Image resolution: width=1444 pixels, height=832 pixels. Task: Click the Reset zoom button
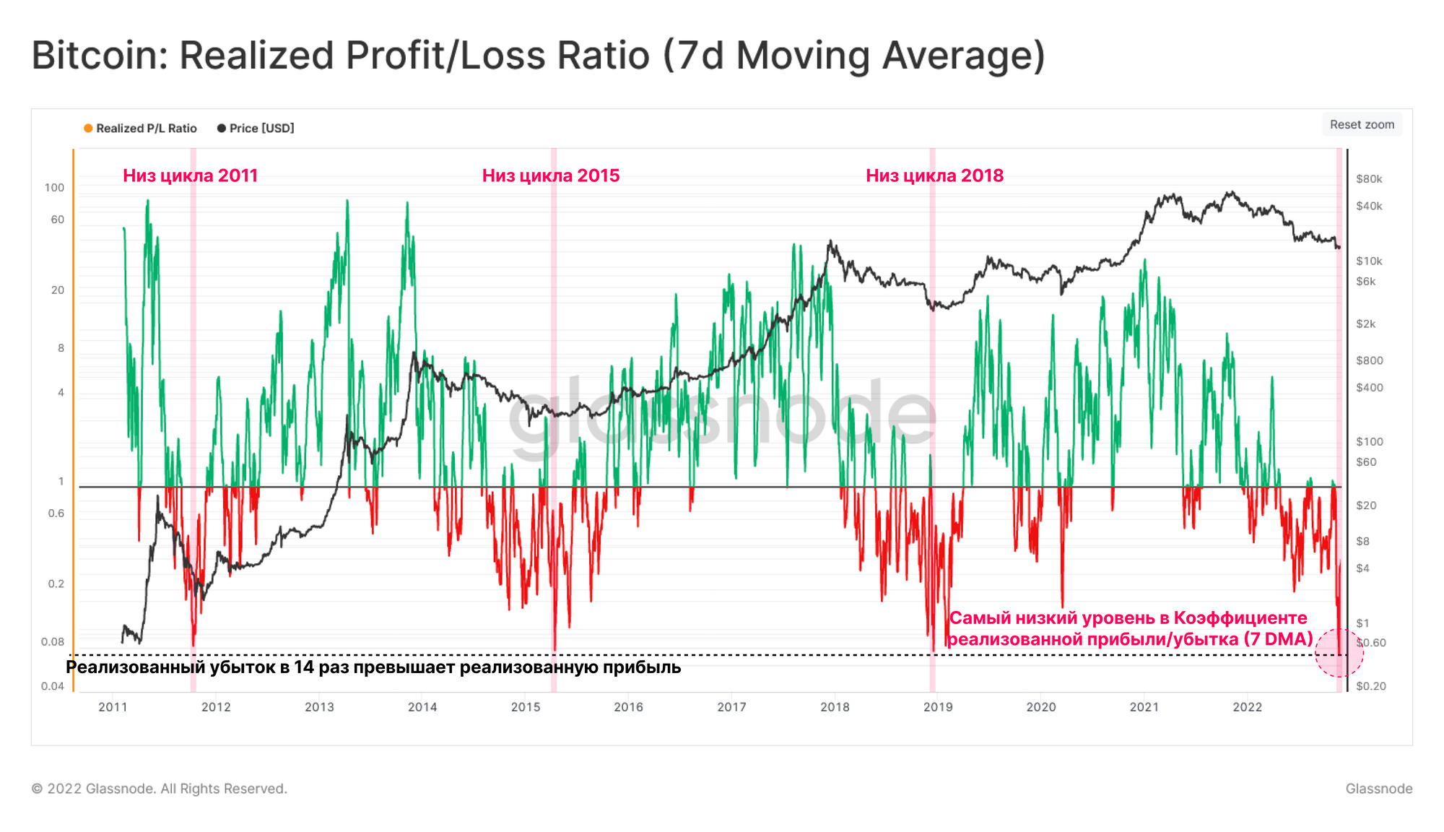point(1362,124)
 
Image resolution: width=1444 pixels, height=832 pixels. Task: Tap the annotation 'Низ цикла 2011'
point(190,175)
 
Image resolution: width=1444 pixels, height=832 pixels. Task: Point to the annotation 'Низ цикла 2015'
point(551,175)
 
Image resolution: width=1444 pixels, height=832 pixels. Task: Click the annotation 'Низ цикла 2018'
point(934,175)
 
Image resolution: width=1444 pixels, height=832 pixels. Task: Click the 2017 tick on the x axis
point(731,707)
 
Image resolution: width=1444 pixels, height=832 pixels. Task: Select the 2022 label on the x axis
point(1247,707)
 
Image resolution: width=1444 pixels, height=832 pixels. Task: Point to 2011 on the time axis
point(113,707)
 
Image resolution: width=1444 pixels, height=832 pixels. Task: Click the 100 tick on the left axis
point(54,188)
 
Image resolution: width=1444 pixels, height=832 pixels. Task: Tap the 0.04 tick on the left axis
point(53,686)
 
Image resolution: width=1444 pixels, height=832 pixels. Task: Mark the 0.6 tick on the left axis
point(56,513)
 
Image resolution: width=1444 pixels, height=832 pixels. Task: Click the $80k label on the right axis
point(1369,179)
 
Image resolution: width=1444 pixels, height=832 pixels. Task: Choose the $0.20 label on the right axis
point(1370,686)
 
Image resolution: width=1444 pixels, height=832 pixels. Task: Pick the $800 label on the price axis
point(1369,360)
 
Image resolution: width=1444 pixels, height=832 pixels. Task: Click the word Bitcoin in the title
point(100,56)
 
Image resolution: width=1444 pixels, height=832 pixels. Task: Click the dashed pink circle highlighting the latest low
point(1339,654)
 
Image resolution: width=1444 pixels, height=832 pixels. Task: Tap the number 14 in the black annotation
point(303,667)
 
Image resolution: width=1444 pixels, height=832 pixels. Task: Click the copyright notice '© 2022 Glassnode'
point(159,789)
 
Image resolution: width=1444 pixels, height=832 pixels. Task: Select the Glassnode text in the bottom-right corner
point(1378,789)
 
